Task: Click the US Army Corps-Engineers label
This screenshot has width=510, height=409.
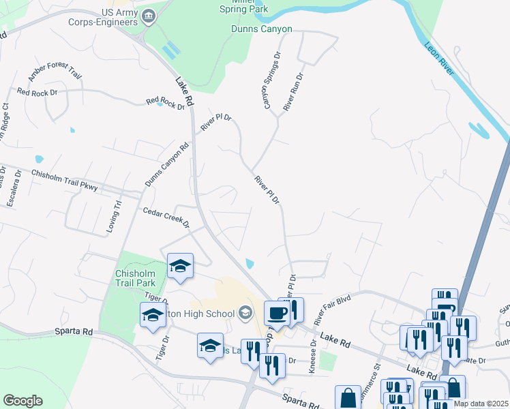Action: pyautogui.click(x=110, y=18)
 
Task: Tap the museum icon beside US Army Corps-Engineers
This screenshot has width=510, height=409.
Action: pyautogui.click(x=149, y=15)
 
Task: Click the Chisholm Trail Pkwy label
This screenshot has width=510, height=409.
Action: pyautogui.click(x=65, y=179)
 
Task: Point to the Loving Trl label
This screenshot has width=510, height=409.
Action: pyautogui.click(x=117, y=217)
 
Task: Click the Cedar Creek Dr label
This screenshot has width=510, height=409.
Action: pyautogui.click(x=165, y=218)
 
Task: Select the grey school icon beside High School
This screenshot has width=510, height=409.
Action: pyautogui.click(x=245, y=313)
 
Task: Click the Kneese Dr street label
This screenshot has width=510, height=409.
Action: pyautogui.click(x=313, y=354)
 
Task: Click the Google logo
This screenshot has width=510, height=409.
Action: pyautogui.click(x=22, y=400)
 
